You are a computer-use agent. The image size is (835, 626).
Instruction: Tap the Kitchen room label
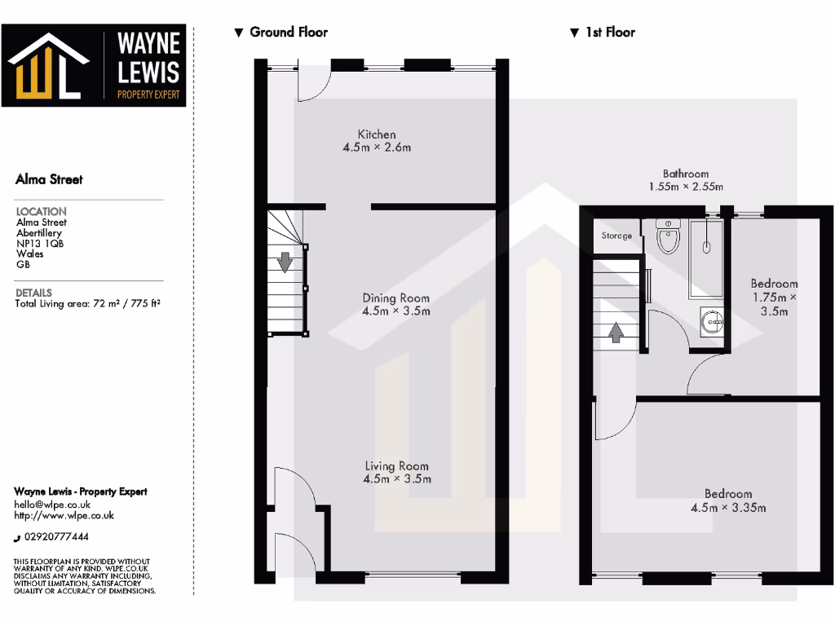tap(377, 141)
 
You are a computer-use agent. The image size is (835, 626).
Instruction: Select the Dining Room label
tap(395, 304)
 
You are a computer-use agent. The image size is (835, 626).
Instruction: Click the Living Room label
tap(396, 472)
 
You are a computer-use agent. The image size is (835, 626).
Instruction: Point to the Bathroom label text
tap(685, 174)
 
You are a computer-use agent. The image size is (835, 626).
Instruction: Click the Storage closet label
tap(616, 236)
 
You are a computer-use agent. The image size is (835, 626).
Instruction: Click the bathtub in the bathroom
tap(706, 257)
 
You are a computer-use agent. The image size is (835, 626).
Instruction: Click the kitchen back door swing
tap(312, 82)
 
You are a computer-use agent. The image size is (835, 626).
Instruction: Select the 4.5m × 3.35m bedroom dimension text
tap(727, 508)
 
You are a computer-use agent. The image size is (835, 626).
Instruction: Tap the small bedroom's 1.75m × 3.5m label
tap(774, 304)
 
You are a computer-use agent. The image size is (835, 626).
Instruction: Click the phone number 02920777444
tap(56, 537)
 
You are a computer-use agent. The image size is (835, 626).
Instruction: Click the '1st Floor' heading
tap(609, 33)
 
